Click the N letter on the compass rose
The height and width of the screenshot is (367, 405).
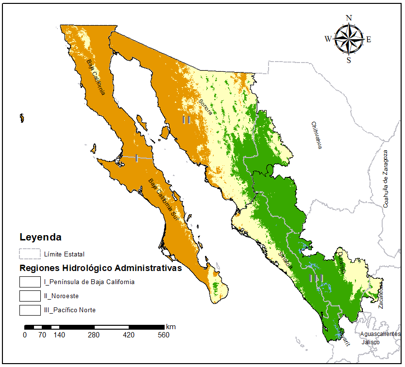point(349,18)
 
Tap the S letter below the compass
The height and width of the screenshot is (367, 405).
point(349,60)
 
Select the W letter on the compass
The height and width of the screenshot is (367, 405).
point(328,39)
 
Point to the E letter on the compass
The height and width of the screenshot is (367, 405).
point(369,40)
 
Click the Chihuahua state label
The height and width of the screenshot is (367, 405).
point(317,135)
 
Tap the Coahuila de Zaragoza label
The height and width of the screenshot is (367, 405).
point(387,179)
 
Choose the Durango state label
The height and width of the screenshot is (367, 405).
point(342,263)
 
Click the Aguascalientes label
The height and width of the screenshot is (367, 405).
point(380,334)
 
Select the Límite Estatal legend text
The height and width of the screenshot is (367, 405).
point(64,254)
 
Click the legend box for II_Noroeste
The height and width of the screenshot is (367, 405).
point(29,295)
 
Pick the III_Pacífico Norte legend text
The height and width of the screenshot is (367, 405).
point(69,310)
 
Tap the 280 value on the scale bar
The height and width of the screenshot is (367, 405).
point(94,335)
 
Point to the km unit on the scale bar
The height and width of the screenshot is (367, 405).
point(170,326)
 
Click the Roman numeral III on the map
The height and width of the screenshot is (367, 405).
point(317,278)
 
